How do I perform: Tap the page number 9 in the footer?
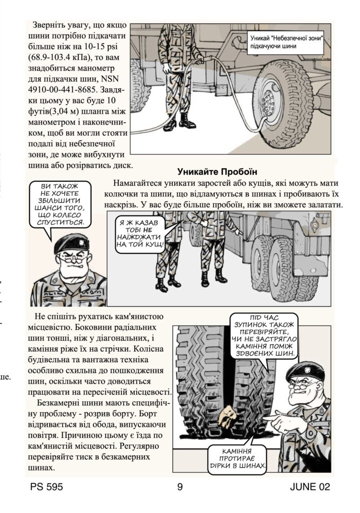(180, 486)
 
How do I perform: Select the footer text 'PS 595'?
(47, 486)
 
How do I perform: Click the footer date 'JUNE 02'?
(310, 486)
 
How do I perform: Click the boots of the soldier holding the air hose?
(178, 121)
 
